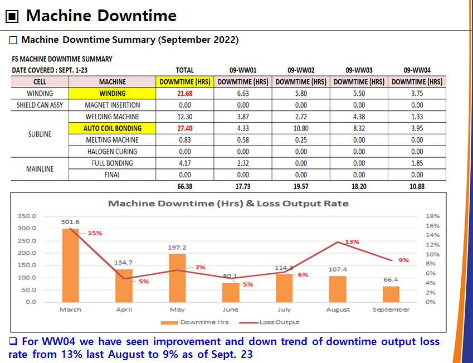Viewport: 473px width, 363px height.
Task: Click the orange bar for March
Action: [x=70, y=265]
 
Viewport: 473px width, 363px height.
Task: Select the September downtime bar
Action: [x=391, y=294]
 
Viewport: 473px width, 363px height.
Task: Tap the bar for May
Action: [x=177, y=278]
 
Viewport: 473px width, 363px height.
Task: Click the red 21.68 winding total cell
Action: [x=184, y=93]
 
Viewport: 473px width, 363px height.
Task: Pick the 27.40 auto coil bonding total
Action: [x=184, y=128]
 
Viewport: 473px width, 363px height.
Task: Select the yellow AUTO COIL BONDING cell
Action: [x=113, y=128]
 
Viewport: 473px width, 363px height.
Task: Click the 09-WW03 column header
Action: [x=359, y=70]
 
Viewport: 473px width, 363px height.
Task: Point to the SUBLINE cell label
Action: [x=40, y=134]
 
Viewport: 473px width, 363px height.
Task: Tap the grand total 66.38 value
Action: [x=184, y=187]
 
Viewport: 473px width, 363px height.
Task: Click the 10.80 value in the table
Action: [x=301, y=128]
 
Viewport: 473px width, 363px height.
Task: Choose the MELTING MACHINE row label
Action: [x=113, y=140]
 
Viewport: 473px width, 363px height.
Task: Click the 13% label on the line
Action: [x=352, y=242]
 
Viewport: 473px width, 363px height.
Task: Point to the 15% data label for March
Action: [x=95, y=233]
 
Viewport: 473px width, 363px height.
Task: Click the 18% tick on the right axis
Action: [x=432, y=216]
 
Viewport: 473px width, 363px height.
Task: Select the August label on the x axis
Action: [x=338, y=309]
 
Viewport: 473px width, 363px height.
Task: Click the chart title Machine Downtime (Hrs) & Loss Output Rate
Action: [x=228, y=204]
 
